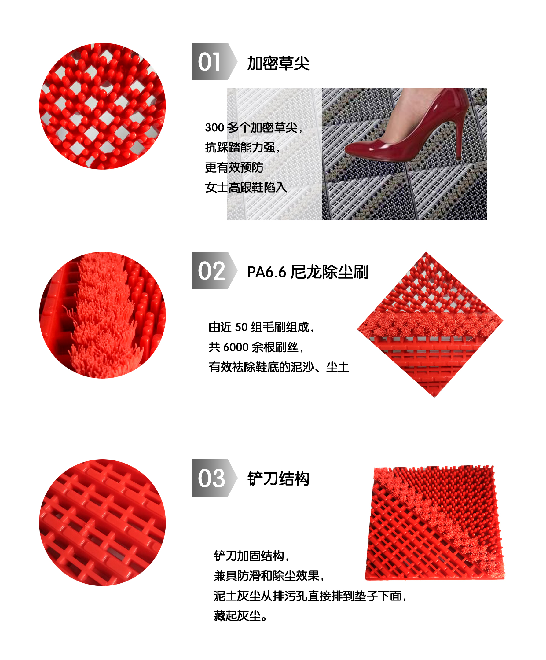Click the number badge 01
[214, 61]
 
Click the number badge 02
[214, 270]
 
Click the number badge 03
[214, 478]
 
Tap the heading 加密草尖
[278, 63]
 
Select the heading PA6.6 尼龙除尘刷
[307, 272]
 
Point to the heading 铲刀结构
[278, 478]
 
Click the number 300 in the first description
[214, 128]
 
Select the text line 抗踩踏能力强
[242, 147]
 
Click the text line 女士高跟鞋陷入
[246, 187]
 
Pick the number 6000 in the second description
[236, 347]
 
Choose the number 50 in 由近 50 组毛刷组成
[241, 327]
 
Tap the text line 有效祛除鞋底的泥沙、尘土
[279, 367]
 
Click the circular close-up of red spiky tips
[102, 106]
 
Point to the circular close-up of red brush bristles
[102, 315]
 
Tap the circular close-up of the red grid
[102, 522]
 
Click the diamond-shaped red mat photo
[430, 324]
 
